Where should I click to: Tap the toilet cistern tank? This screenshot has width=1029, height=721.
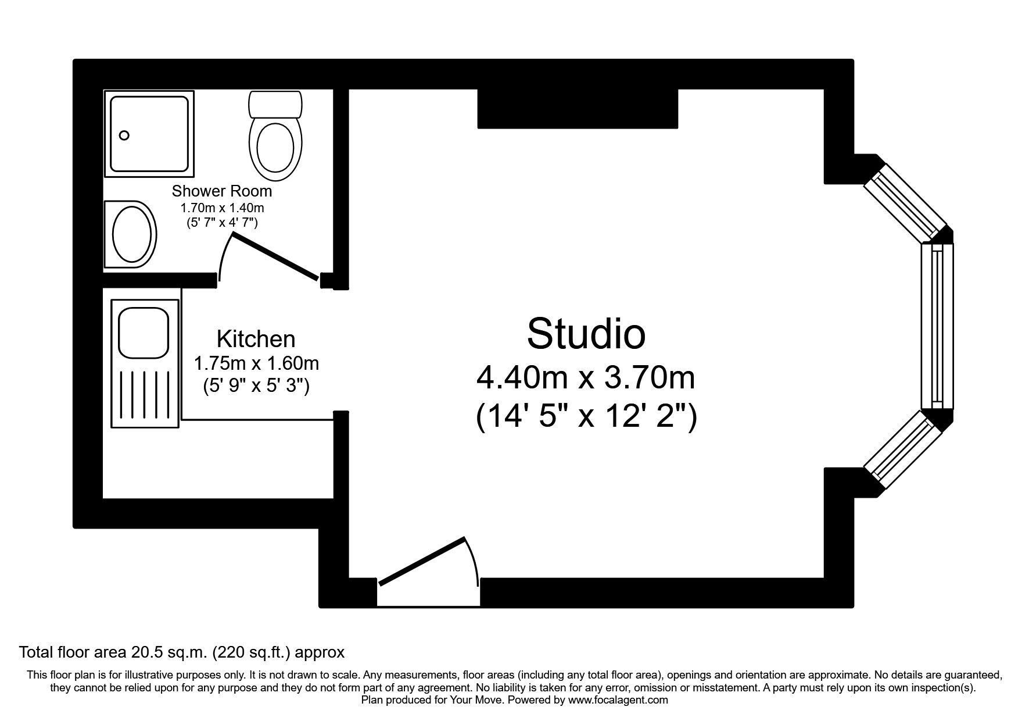[x=275, y=104]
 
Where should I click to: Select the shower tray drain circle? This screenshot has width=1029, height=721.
[x=124, y=135]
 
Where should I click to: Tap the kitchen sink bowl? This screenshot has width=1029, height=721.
[x=144, y=332]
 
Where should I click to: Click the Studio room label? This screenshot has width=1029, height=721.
[x=586, y=334]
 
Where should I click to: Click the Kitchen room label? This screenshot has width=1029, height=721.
[x=256, y=339]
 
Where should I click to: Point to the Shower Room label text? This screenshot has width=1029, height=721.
[x=221, y=191]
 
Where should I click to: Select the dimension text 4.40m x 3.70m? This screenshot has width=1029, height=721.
[x=586, y=377]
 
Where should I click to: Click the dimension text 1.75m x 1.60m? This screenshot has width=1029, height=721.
[x=256, y=364]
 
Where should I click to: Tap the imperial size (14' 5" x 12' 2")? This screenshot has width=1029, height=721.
[x=586, y=416]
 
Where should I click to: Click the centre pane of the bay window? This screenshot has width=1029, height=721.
[x=937, y=326]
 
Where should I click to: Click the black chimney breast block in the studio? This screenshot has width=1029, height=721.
[x=578, y=109]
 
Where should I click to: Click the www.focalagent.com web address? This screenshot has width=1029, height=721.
[x=618, y=700]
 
